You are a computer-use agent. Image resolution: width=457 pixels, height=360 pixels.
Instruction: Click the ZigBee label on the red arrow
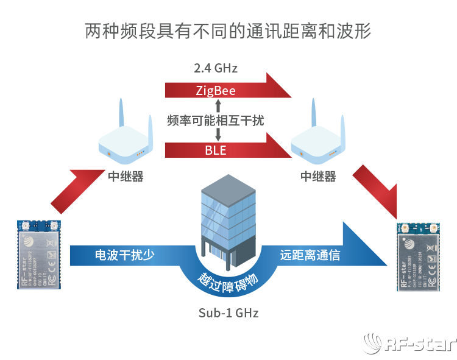216,91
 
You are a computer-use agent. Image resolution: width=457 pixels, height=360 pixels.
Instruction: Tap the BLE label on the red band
215,150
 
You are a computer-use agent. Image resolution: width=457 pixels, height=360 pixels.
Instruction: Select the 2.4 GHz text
215,68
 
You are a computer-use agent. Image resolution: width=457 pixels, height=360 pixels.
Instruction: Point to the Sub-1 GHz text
228,313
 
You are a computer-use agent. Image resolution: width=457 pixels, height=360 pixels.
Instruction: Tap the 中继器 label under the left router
126,177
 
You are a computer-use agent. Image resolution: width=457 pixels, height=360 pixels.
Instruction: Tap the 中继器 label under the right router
318,177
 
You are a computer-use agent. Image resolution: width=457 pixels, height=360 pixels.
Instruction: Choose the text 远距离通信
310,255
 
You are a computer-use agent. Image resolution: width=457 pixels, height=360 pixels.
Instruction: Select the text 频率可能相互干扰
216,121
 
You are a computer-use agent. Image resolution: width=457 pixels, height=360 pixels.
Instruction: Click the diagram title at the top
228,32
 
